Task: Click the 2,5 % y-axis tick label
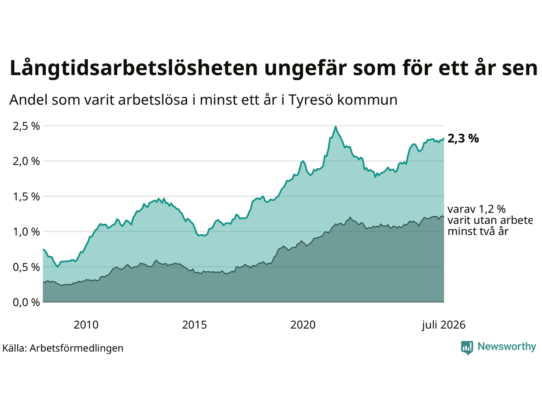[x=26, y=126]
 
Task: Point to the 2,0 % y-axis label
[x=26, y=162]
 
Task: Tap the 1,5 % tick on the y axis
[x=26, y=197]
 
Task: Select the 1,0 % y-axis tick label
[x=26, y=232]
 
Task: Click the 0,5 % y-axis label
[x=26, y=267]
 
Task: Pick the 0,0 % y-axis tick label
[x=26, y=302]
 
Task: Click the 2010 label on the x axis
[x=86, y=325]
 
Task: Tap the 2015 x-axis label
[x=194, y=325]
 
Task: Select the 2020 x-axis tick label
[x=303, y=325]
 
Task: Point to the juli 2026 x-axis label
[x=444, y=325]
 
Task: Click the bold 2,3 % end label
[x=463, y=139]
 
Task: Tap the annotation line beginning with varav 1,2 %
[x=476, y=209]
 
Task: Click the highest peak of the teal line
[x=335, y=127]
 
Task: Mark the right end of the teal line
[x=444, y=139]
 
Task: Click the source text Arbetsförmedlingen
[x=76, y=348]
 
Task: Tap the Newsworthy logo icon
[x=467, y=348]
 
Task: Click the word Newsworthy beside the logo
[x=507, y=347]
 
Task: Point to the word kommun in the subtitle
[x=367, y=100]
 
